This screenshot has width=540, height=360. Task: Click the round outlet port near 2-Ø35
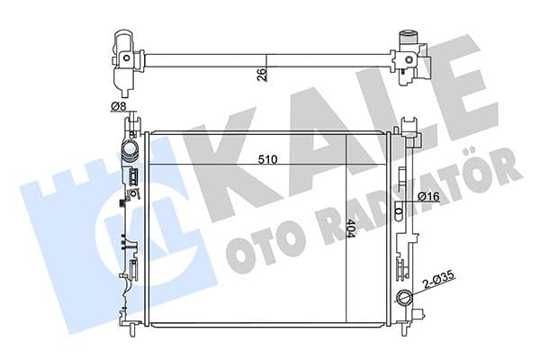(403, 298)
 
